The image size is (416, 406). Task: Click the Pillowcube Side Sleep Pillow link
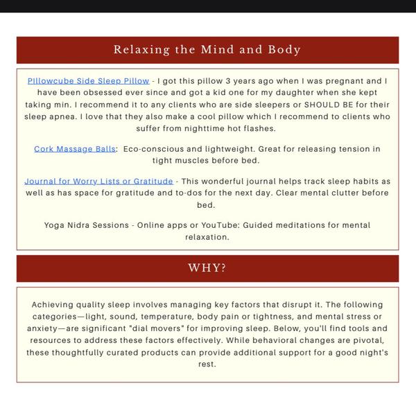tap(89, 81)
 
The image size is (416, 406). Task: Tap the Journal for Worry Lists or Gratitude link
tap(98, 182)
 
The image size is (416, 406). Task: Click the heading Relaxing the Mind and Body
tap(207, 50)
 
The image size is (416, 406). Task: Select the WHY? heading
tap(207, 268)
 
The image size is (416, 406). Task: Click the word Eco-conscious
tap(154, 149)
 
